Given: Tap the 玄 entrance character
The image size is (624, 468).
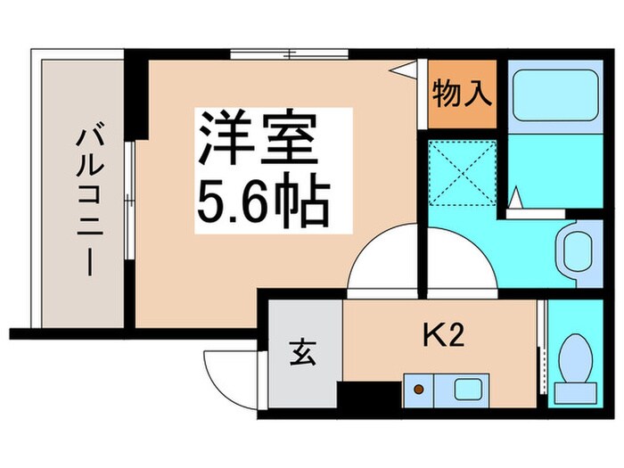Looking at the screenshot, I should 301,354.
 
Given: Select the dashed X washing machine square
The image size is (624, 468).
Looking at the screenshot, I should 457,172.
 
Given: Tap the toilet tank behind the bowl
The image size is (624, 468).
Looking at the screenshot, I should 575,390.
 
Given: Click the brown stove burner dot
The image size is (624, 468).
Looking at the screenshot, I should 415,389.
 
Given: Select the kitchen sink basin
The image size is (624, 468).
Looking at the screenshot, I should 466,389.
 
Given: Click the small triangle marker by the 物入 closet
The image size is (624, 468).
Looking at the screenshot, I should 407,70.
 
